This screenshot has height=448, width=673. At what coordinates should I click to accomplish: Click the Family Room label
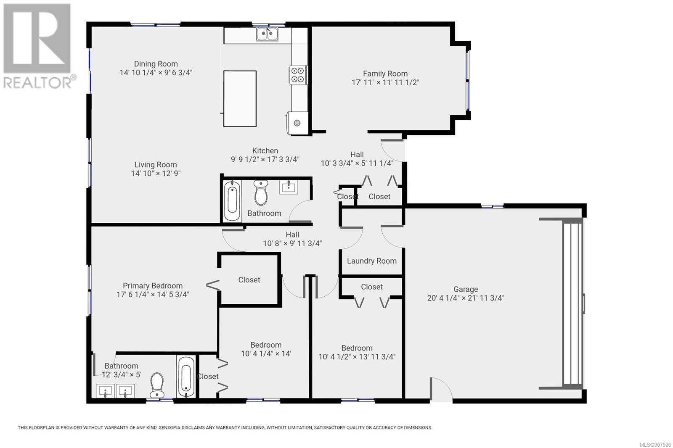point(385,74)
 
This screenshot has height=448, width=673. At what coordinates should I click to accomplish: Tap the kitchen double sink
point(267,34)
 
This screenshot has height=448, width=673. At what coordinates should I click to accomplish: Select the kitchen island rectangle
point(240,98)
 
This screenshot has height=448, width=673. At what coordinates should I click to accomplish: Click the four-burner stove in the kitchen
point(298,75)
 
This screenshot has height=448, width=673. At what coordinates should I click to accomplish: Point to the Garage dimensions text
point(466,298)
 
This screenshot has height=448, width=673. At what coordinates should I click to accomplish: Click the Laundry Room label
point(372,261)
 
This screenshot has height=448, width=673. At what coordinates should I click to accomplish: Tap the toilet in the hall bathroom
point(261,192)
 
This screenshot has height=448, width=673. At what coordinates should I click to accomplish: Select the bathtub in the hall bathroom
point(232,200)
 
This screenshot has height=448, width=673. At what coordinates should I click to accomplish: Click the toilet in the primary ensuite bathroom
point(157,385)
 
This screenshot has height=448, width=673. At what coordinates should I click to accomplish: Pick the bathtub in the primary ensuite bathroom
point(186,377)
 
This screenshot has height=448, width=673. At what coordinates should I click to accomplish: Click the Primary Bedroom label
point(153,285)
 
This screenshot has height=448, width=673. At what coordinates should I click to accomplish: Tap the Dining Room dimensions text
point(156,73)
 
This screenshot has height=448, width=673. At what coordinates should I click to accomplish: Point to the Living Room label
point(156,165)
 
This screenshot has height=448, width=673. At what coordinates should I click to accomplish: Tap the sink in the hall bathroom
point(289,187)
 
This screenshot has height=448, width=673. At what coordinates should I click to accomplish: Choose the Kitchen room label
point(265,150)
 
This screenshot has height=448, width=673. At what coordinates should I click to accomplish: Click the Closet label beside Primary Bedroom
point(249,279)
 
